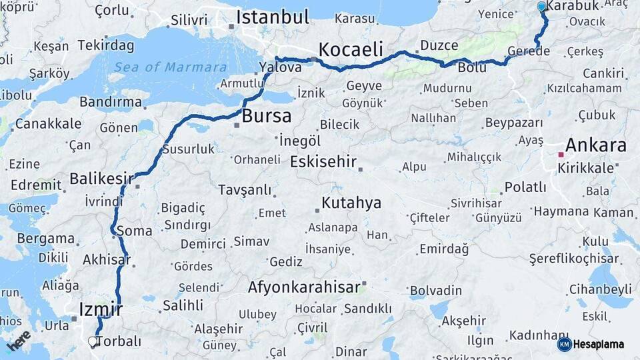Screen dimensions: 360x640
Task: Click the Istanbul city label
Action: (272, 17)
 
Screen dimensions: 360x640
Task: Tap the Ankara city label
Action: (595, 145)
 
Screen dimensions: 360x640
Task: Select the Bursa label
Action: (266, 116)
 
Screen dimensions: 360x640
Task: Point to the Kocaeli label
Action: (351, 49)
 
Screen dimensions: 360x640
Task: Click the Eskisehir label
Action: (323, 162)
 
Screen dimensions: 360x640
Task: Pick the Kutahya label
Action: (351, 203)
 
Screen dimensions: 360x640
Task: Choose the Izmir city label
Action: (101, 309)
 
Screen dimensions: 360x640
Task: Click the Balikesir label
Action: (101, 179)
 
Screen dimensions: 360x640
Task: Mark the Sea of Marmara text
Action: (170, 67)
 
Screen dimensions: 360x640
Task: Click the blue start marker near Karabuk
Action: (541, 7)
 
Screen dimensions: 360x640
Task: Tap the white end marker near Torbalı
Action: (93, 341)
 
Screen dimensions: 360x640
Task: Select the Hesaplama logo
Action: (591, 344)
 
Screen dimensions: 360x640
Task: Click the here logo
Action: (18, 341)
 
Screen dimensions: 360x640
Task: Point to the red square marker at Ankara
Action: (561, 155)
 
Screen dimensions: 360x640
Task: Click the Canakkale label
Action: (48, 123)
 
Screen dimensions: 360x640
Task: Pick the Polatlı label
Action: (525, 187)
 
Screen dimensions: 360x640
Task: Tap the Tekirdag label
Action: (105, 46)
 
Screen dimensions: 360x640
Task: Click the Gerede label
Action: (528, 51)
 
